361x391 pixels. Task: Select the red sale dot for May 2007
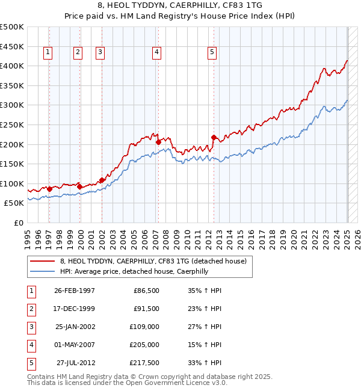pos(158,143)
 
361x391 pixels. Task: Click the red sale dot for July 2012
pos(214,137)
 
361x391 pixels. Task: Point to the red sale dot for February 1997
pos(50,189)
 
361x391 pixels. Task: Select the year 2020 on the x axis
pos(293,235)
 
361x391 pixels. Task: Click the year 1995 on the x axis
pos(27,235)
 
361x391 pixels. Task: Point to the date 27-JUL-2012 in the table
pos(75,363)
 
